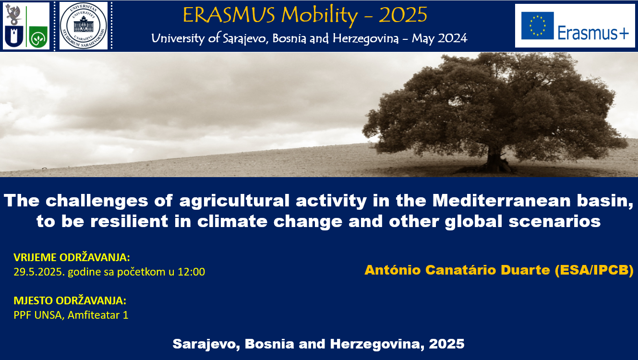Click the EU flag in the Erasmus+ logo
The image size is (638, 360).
538,25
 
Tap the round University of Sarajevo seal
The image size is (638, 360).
84,25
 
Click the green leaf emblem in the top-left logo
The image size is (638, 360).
38,37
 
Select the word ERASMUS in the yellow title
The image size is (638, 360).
229,15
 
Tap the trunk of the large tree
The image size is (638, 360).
495,159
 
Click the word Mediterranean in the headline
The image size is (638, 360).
502,201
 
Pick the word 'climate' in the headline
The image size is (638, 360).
232,221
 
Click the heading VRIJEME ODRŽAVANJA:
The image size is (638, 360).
72,257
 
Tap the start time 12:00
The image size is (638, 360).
191,272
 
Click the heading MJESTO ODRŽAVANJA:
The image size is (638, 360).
70,301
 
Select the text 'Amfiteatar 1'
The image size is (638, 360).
98,315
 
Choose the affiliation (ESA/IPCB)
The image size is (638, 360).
594,270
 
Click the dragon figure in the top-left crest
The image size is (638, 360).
14,14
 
